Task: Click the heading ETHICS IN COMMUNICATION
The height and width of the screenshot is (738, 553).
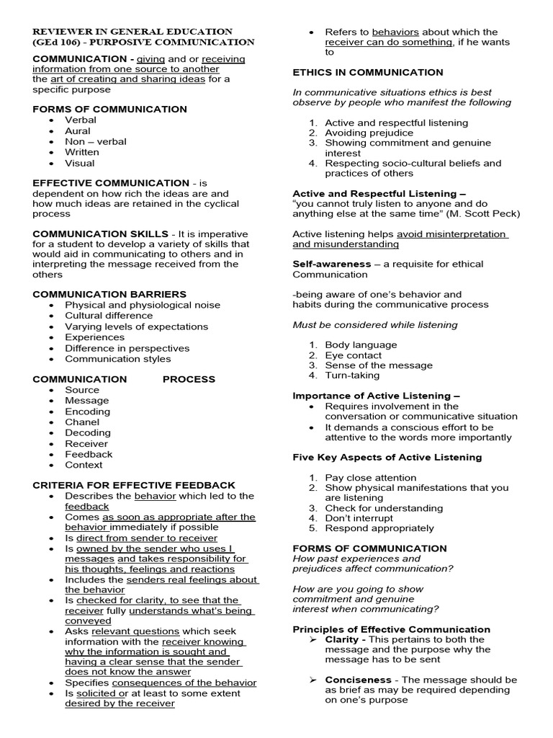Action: point(368,72)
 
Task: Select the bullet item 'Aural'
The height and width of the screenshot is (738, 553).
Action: point(78,130)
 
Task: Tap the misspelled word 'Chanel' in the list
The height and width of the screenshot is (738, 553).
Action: point(82,422)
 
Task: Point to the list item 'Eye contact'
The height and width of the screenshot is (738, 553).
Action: point(354,355)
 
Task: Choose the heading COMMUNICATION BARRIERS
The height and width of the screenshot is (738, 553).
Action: point(109,294)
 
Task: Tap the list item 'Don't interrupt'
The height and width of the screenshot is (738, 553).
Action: point(359,517)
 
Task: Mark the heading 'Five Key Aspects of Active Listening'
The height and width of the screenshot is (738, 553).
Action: point(387,457)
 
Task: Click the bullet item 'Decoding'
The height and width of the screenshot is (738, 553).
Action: point(88,432)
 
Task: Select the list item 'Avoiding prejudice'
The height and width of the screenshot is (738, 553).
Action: point(369,133)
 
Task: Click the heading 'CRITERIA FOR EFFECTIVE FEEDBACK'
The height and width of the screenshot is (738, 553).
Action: point(134,485)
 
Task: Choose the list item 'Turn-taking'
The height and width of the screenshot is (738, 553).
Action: point(352,375)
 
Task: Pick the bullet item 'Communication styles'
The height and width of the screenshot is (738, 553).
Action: point(118,358)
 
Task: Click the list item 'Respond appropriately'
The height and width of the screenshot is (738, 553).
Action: point(379,528)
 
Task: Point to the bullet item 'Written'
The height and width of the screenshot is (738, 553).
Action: point(81,152)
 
